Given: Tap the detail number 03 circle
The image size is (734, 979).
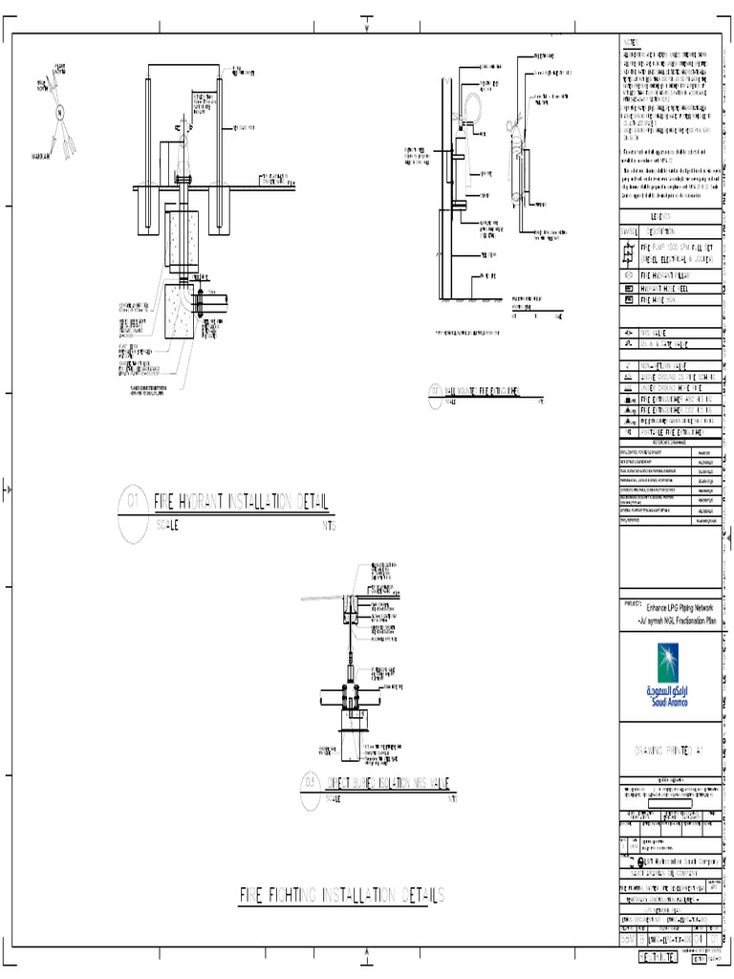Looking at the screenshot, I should (308, 782).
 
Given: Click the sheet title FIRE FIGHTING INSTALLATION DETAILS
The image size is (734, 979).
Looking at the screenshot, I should (341, 896).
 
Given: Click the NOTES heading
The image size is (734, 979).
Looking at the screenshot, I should (636, 45).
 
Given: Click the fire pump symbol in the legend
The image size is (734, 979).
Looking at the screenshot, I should (628, 252).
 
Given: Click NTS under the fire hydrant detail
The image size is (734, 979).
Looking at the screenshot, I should (329, 525).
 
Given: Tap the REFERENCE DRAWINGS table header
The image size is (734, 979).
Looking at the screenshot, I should (668, 443).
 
